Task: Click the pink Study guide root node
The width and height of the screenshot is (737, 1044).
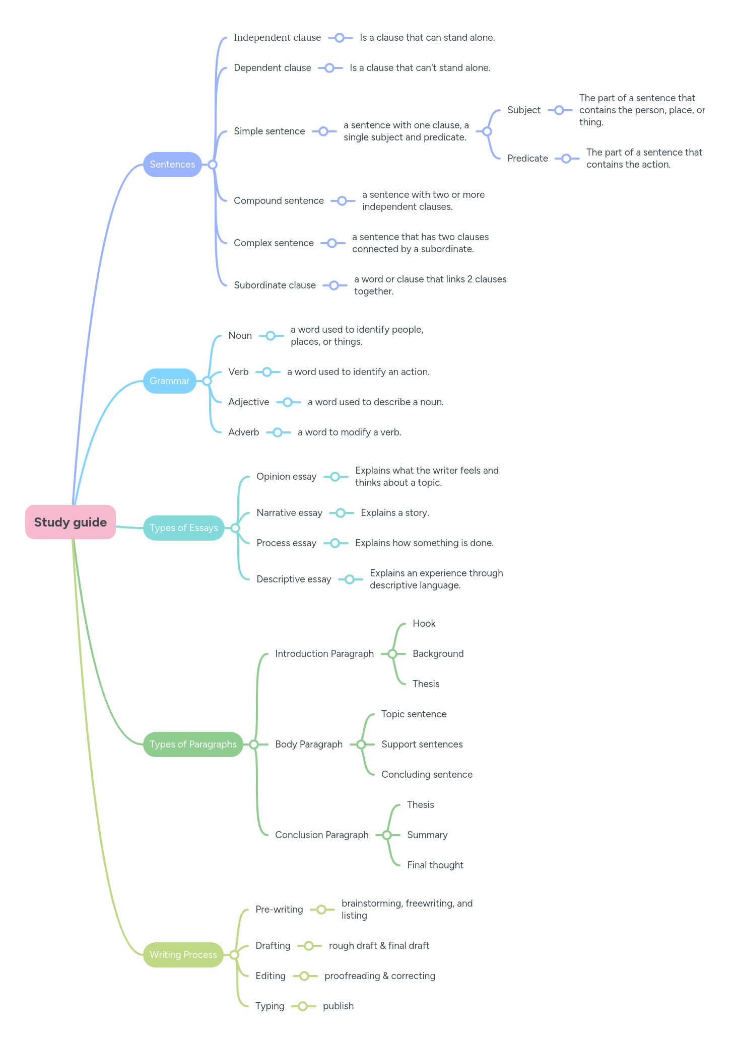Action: pos(71,522)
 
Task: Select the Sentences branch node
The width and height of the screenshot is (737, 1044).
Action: pos(172,165)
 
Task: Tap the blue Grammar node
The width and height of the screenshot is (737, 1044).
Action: pos(169,381)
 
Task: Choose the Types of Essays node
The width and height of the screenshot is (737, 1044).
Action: pos(183,528)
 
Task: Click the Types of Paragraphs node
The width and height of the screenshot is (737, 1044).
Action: pos(193,744)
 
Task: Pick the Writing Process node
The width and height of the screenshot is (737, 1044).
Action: pos(183,955)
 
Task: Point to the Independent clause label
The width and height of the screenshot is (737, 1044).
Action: pos(277,38)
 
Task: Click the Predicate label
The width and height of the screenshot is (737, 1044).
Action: pos(527,159)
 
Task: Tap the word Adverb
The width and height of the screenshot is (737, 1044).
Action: pos(243,432)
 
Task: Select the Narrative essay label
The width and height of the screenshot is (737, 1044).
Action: pos(289,513)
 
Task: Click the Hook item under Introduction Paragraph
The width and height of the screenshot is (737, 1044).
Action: pos(424,624)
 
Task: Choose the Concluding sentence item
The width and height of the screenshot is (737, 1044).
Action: pos(427,775)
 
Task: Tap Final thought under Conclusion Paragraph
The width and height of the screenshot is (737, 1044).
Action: pos(435,865)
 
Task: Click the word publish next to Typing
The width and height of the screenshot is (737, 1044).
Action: pos(338,1006)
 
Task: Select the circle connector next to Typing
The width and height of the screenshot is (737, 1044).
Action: pos(303,1006)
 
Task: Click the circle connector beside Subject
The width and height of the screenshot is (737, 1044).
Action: pos(559,110)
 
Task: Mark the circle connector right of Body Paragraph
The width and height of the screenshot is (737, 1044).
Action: pos(361,744)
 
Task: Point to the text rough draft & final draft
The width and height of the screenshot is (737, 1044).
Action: pos(379,946)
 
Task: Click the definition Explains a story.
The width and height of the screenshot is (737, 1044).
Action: pos(394,513)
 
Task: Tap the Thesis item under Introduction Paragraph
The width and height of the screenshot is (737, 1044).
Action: pos(426,684)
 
